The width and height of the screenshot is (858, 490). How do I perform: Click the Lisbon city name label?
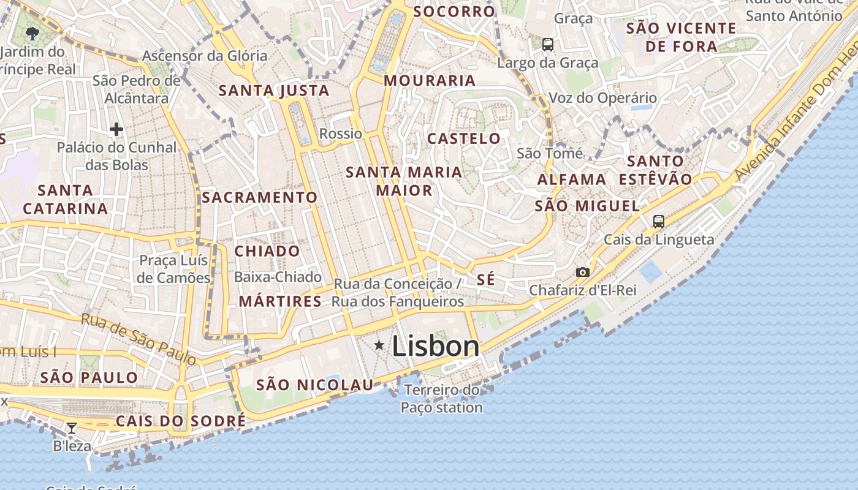(x=435, y=346)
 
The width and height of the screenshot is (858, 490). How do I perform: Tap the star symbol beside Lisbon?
(x=379, y=346)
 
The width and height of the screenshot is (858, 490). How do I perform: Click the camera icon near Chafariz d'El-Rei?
(x=582, y=272)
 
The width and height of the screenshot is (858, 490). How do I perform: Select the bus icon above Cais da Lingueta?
(x=659, y=221)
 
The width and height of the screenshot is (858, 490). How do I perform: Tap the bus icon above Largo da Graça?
(x=548, y=44)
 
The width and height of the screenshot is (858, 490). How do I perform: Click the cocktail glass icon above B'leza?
(x=72, y=428)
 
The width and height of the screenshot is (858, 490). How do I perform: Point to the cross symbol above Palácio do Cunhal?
(x=116, y=129)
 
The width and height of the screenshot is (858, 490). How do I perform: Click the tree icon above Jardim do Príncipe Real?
(x=32, y=34)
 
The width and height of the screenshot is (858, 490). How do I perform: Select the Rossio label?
(x=341, y=134)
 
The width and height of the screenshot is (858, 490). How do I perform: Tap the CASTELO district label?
(x=464, y=138)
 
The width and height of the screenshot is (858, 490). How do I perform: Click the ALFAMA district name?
(x=572, y=179)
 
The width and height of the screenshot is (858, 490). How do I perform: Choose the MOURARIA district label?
(x=430, y=80)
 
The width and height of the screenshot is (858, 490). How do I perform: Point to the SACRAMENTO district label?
(x=260, y=197)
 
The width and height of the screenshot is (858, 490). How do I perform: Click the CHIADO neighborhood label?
(x=267, y=251)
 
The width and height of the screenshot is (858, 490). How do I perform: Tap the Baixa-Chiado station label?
(x=278, y=277)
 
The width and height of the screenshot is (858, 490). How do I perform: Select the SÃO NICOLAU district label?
(x=315, y=385)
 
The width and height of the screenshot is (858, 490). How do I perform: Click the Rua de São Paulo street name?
(x=139, y=339)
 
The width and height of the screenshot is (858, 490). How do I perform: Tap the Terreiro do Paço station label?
(x=442, y=398)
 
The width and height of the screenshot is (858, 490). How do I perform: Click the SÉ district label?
(x=485, y=280)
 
